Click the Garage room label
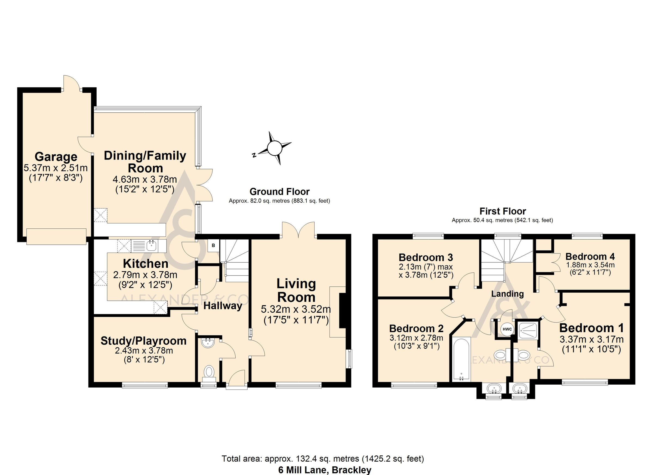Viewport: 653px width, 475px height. pos(56,157)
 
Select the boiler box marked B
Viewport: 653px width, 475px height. pos(213,246)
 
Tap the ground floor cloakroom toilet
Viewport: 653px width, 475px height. pos(209,372)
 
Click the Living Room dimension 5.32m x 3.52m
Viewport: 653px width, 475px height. pos(296,310)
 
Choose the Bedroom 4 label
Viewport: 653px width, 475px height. pos(590,256)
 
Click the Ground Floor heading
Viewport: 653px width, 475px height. pos(279,192)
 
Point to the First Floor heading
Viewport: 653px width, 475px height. pos(503,211)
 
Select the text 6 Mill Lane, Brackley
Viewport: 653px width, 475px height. pos(325,470)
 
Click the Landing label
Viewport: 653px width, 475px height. pos(507,294)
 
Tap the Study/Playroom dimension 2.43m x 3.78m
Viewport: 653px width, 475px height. pos(144,351)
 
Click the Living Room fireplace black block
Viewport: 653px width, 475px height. pos(342,311)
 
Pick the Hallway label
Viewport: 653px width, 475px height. pos(223,306)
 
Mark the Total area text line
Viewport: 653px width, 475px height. pos(322,459)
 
